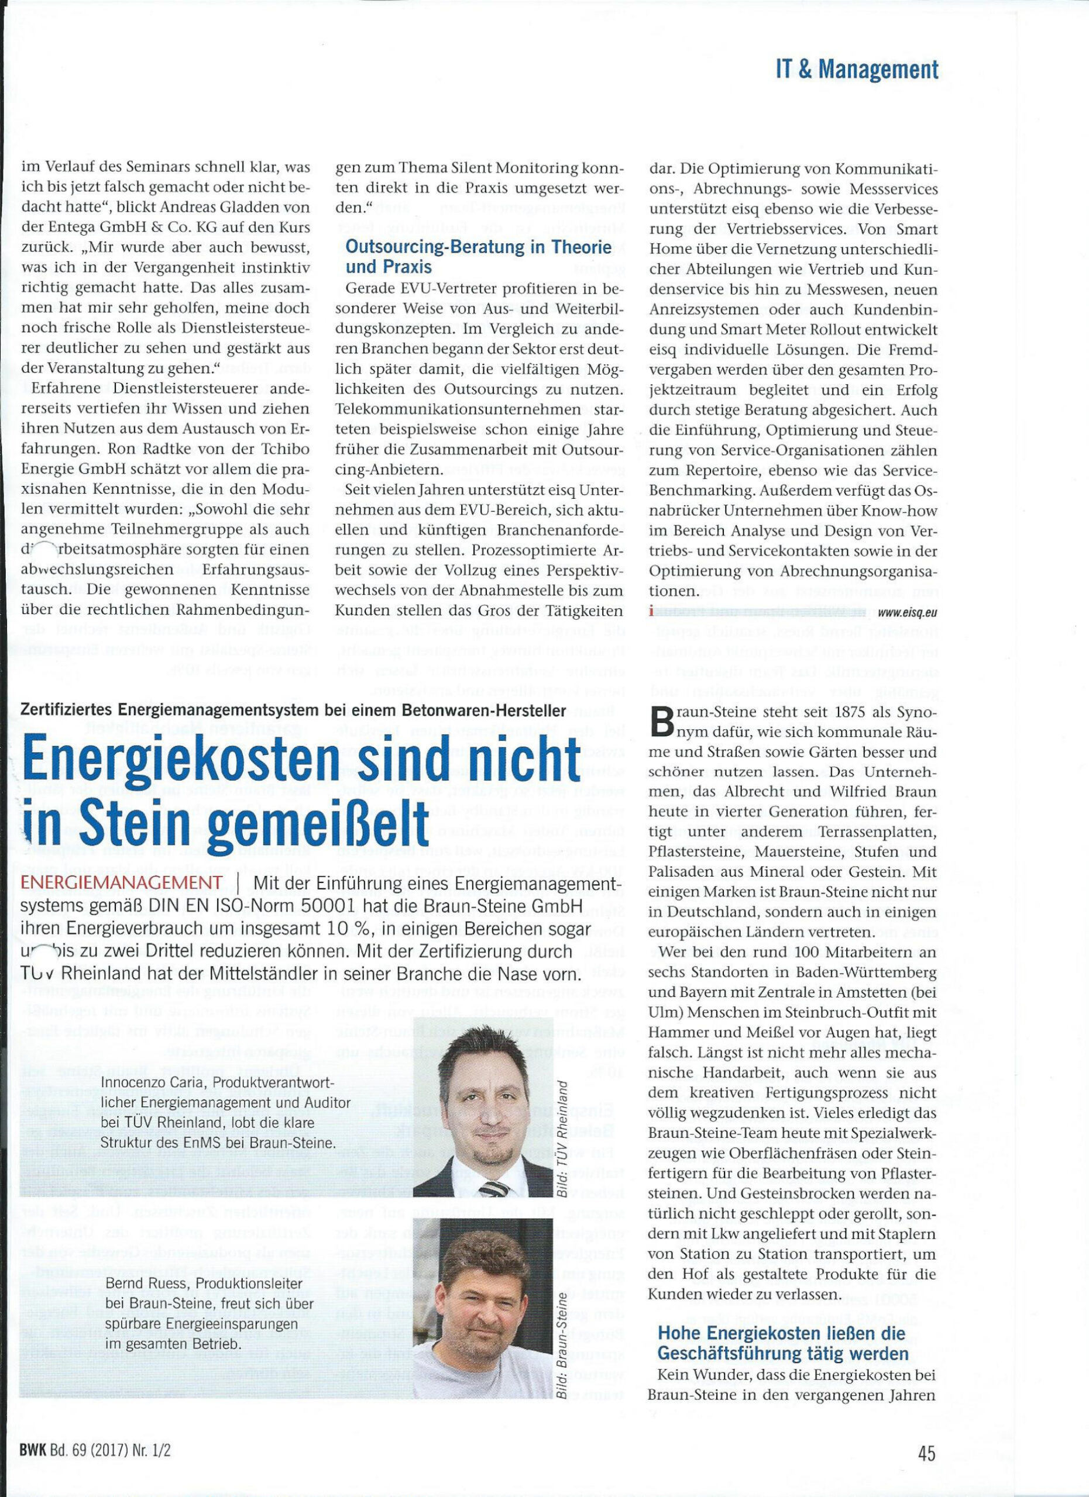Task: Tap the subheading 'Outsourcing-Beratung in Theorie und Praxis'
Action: [x=478, y=257]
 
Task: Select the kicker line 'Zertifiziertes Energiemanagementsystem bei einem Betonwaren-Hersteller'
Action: [x=293, y=711]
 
